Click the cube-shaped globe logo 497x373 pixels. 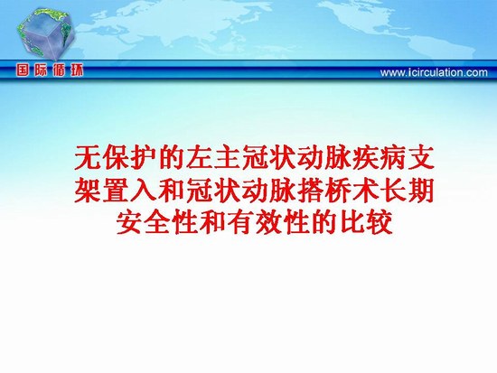coord(46,34)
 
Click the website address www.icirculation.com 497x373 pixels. coord(434,72)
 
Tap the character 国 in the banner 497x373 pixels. coord(23,70)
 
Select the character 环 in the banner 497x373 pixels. coord(76,70)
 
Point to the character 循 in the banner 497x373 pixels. coord(59,70)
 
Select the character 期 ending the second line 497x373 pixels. coord(422,191)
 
